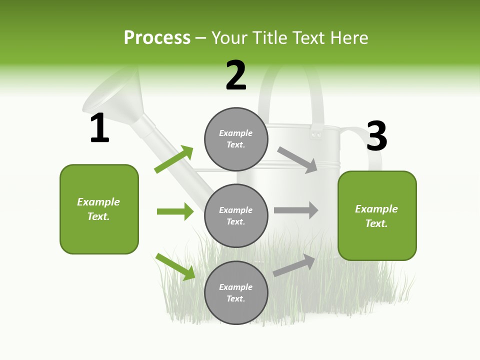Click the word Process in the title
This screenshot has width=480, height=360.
click(157, 38)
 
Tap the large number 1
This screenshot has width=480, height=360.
click(99, 128)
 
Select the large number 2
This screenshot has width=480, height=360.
click(236, 75)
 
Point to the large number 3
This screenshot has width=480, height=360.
click(376, 136)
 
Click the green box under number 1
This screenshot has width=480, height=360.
click(99, 209)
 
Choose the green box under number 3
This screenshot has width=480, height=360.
click(377, 216)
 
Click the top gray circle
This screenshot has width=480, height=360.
click(236, 139)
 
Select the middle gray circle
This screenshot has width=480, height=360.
click(236, 215)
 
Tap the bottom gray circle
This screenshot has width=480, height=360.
click(236, 292)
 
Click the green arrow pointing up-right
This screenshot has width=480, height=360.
click(173, 159)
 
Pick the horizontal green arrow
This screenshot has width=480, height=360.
click(175, 211)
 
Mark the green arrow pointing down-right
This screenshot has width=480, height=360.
click(175, 266)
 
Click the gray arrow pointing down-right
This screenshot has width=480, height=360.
click(297, 160)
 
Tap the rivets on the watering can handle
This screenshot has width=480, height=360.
click(315, 133)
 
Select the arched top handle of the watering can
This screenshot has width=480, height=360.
click(292, 75)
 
